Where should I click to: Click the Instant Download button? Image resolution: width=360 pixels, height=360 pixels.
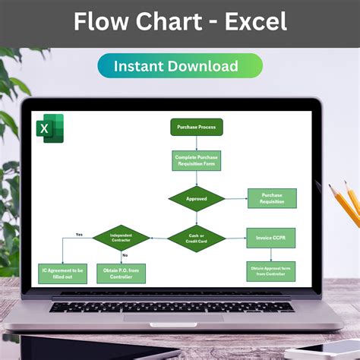click(x=180, y=66)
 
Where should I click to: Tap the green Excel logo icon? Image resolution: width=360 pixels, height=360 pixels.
click(x=49, y=128)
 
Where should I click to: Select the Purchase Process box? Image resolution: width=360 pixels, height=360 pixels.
click(x=196, y=128)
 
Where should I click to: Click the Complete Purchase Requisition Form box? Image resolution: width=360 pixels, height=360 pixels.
click(x=196, y=159)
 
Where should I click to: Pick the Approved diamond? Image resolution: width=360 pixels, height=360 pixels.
click(x=196, y=199)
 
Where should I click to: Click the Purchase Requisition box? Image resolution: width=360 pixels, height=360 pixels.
click(x=272, y=198)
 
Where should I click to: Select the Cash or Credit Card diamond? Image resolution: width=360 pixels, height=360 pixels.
click(x=196, y=238)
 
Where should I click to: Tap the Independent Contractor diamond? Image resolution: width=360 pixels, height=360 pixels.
click(x=121, y=238)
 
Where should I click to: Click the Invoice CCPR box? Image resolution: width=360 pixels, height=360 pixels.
click(x=271, y=238)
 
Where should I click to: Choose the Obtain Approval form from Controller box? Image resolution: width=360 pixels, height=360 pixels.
click(x=271, y=271)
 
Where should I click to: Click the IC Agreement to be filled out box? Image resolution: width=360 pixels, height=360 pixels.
click(x=62, y=273)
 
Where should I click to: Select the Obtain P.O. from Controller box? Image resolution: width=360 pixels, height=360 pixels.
click(x=121, y=273)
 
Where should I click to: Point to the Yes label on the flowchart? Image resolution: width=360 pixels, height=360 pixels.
click(x=79, y=234)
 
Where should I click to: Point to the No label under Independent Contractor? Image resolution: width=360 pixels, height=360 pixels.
click(x=125, y=255)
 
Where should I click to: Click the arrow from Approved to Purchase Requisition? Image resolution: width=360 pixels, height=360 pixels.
click(x=236, y=199)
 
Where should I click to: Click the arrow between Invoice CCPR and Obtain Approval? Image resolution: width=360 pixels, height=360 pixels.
click(x=271, y=254)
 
